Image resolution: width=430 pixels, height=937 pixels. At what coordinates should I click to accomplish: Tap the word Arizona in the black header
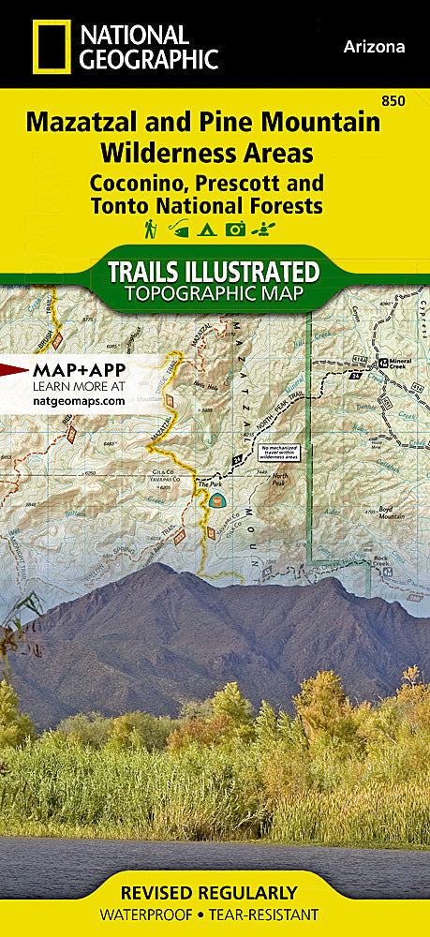(x=375, y=46)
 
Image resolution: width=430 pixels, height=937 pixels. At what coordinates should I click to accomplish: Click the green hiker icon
(x=150, y=229)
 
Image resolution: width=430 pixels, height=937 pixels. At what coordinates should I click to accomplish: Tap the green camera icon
(x=235, y=229)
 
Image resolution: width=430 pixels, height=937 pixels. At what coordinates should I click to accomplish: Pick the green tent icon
(x=207, y=229)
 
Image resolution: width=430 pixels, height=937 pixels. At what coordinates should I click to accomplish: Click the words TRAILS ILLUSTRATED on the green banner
(x=214, y=273)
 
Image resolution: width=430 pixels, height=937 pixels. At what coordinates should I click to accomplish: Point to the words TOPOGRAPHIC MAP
(x=214, y=295)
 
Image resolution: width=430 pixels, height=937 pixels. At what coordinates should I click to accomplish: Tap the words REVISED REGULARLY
(x=215, y=892)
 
